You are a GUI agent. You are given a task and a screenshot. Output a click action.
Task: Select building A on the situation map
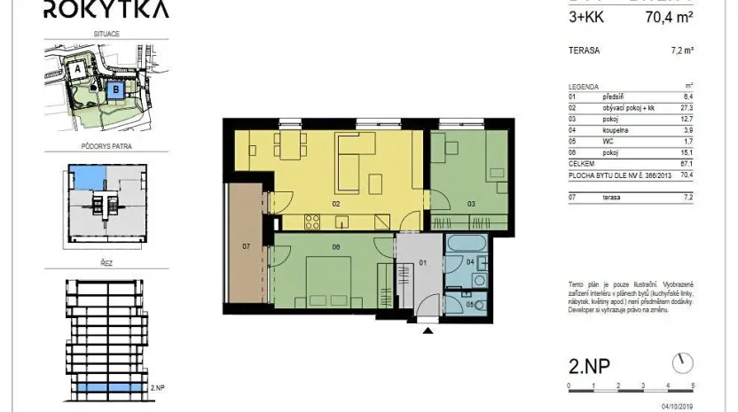(78, 66)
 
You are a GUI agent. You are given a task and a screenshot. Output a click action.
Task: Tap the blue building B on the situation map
(114, 89)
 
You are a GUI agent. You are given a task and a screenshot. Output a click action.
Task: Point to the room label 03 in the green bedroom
(472, 205)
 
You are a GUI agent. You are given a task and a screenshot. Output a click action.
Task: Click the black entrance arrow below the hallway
(429, 331)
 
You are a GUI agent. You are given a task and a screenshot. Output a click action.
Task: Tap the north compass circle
(681, 361)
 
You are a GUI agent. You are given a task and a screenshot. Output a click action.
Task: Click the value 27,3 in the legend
(685, 105)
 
